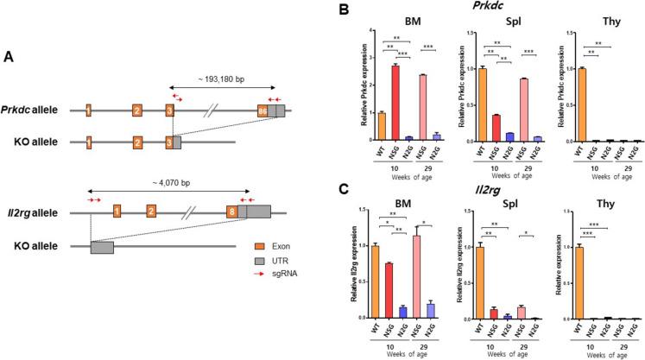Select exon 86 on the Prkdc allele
point(262,111)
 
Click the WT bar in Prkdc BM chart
point(382,126)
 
